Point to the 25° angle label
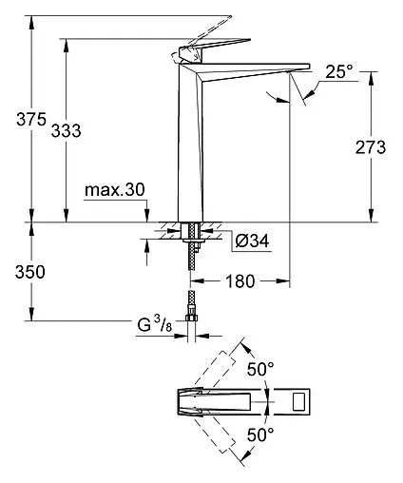tap(337, 71)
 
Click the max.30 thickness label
tap(114, 190)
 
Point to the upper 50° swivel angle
tap(260, 368)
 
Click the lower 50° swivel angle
tap(260, 434)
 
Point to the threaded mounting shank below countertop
tap(194, 249)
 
